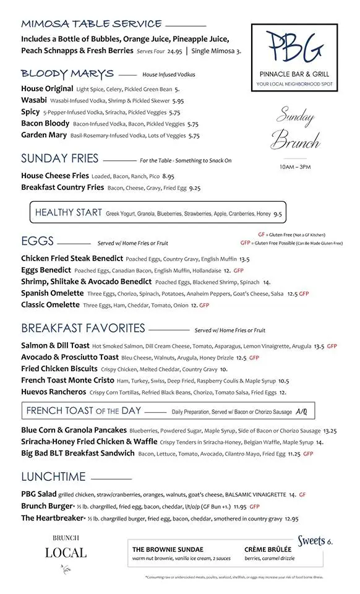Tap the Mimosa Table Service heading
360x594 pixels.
click(92, 24)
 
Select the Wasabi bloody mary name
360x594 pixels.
click(33, 100)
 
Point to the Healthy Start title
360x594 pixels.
click(69, 213)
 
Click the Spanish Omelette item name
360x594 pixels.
click(52, 293)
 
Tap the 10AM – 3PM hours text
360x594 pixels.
click(295, 167)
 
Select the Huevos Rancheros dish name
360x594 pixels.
click(53, 392)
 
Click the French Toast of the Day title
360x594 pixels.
click(84, 411)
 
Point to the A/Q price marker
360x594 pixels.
click(301, 411)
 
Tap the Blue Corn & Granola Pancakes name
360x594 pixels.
click(74, 430)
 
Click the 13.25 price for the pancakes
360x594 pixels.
click(330, 431)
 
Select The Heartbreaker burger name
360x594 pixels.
click(51, 518)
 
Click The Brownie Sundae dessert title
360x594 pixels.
click(168, 549)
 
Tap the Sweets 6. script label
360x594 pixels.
click(315, 541)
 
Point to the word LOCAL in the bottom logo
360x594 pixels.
click(66, 553)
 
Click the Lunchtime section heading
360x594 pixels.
click(53, 477)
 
